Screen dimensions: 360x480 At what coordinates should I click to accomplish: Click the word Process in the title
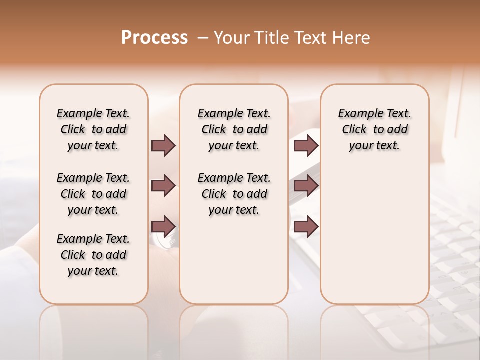pyautogui.click(x=154, y=38)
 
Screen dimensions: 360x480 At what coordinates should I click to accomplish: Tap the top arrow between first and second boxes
pyautogui.click(x=163, y=145)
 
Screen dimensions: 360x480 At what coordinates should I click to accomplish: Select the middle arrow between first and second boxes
pyautogui.click(x=163, y=186)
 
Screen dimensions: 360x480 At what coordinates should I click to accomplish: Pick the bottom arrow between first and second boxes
pyautogui.click(x=163, y=226)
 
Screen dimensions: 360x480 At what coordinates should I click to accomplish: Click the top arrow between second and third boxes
pyautogui.click(x=306, y=145)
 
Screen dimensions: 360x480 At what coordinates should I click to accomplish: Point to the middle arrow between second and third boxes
pyautogui.click(x=306, y=186)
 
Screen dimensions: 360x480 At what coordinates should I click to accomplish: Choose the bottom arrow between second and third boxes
pyautogui.click(x=306, y=227)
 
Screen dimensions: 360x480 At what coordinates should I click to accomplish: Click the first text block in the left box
pyautogui.click(x=93, y=129)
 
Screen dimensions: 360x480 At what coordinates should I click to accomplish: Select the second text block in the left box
pyautogui.click(x=93, y=194)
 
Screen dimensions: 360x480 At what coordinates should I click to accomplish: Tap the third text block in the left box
pyautogui.click(x=93, y=255)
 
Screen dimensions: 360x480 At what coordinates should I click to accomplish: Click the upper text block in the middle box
pyautogui.click(x=234, y=129)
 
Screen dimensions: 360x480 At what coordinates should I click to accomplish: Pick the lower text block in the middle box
pyautogui.click(x=234, y=194)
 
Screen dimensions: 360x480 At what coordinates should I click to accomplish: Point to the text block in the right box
pyautogui.click(x=375, y=129)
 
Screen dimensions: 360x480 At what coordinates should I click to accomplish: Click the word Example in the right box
pyautogui.click(x=357, y=114)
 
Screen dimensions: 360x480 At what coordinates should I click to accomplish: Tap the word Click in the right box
pyautogui.click(x=354, y=130)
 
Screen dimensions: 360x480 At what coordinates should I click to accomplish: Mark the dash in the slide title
pyautogui.click(x=203, y=38)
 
